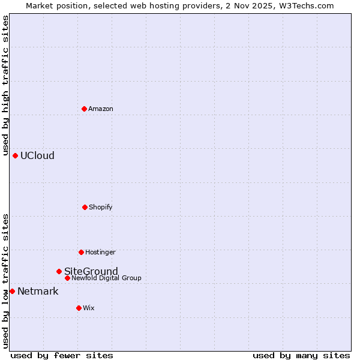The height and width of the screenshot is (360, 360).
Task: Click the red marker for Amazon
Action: click(x=85, y=109)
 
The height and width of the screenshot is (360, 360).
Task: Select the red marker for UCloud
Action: click(x=16, y=155)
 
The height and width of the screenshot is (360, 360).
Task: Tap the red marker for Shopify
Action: click(x=85, y=207)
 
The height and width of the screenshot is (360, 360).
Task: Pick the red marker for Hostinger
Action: click(x=81, y=252)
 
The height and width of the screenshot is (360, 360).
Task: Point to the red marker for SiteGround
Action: click(x=59, y=271)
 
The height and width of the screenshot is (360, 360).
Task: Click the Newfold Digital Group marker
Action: click(x=67, y=278)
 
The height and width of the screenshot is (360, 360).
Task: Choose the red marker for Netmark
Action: click(x=12, y=291)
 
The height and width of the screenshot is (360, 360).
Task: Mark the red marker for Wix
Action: click(x=79, y=308)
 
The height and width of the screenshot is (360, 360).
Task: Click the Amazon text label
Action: click(x=101, y=109)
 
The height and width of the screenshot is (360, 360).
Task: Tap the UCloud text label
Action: click(x=37, y=155)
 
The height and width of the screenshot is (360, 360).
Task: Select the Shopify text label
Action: click(x=101, y=207)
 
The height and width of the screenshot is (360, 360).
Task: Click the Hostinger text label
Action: click(x=100, y=252)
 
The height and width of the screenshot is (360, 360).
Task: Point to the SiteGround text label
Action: click(x=91, y=271)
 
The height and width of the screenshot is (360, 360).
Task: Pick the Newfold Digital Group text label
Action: click(x=107, y=278)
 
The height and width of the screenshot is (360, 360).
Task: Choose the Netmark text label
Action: click(x=38, y=292)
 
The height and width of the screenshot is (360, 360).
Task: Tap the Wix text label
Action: click(x=89, y=308)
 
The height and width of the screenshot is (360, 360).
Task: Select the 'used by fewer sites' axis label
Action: click(x=62, y=355)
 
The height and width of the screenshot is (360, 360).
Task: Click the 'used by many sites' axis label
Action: click(x=301, y=355)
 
